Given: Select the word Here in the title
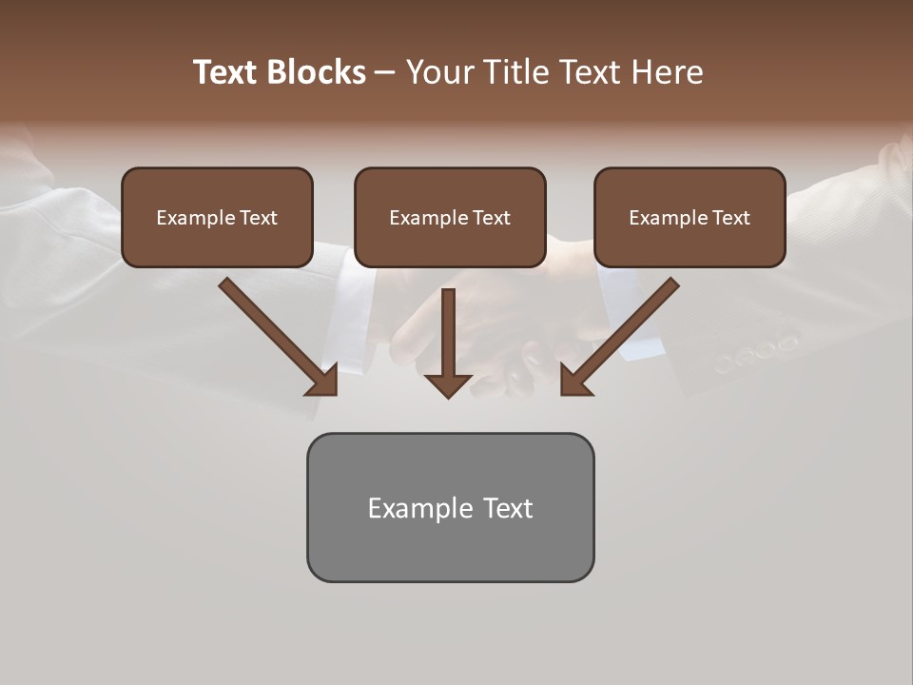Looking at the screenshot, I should click(x=668, y=72).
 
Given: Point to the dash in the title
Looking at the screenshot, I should click(x=385, y=72).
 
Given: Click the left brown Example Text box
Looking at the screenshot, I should click(x=217, y=217).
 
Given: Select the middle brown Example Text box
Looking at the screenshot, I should click(x=450, y=217).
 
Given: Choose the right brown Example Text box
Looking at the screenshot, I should click(x=690, y=217).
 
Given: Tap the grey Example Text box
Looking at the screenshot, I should click(x=450, y=507).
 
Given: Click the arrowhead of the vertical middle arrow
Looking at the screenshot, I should click(x=448, y=385).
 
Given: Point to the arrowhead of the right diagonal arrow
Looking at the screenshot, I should click(x=574, y=380).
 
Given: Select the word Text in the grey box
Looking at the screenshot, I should click(x=507, y=508).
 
